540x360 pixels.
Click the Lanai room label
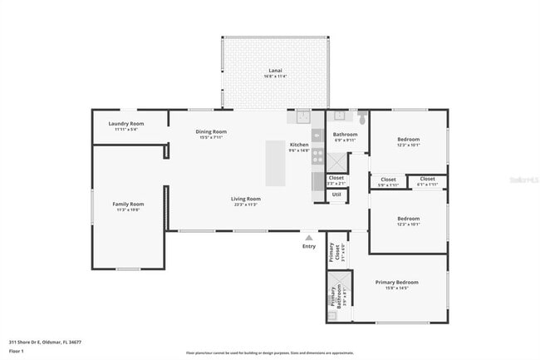(x=275, y=71)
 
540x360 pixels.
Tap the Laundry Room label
(x=126, y=124)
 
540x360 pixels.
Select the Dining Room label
(x=211, y=131)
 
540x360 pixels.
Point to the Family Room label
(x=129, y=204)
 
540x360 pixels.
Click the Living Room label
(x=246, y=199)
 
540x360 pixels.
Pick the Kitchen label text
(x=299, y=145)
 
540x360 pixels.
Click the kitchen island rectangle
(x=276, y=163)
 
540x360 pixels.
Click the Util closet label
(x=336, y=195)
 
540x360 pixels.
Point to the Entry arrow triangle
(x=309, y=238)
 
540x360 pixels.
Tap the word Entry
(x=309, y=246)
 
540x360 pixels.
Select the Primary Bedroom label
(x=397, y=283)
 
